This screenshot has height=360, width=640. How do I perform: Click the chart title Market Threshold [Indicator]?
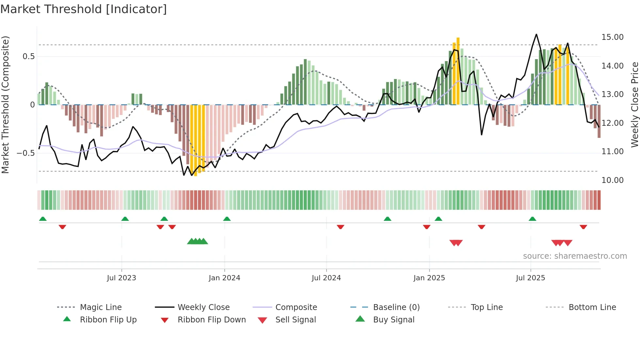point(84,9)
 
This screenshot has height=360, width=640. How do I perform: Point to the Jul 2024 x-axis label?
point(326,278)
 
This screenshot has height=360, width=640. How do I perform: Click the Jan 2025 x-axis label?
point(429,278)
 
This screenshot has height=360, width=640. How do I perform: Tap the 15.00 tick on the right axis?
point(612,37)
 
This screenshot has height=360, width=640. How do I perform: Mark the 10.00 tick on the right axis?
point(612,180)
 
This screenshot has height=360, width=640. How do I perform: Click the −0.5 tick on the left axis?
point(26,153)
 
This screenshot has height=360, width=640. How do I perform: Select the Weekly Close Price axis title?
point(634,105)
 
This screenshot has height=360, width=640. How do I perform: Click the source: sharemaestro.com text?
point(575,256)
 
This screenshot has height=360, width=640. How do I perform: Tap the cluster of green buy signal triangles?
point(198,242)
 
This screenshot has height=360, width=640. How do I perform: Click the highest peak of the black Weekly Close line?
point(536,35)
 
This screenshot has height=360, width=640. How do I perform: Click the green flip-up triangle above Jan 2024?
point(227,219)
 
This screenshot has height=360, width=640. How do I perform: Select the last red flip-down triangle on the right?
point(583,227)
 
